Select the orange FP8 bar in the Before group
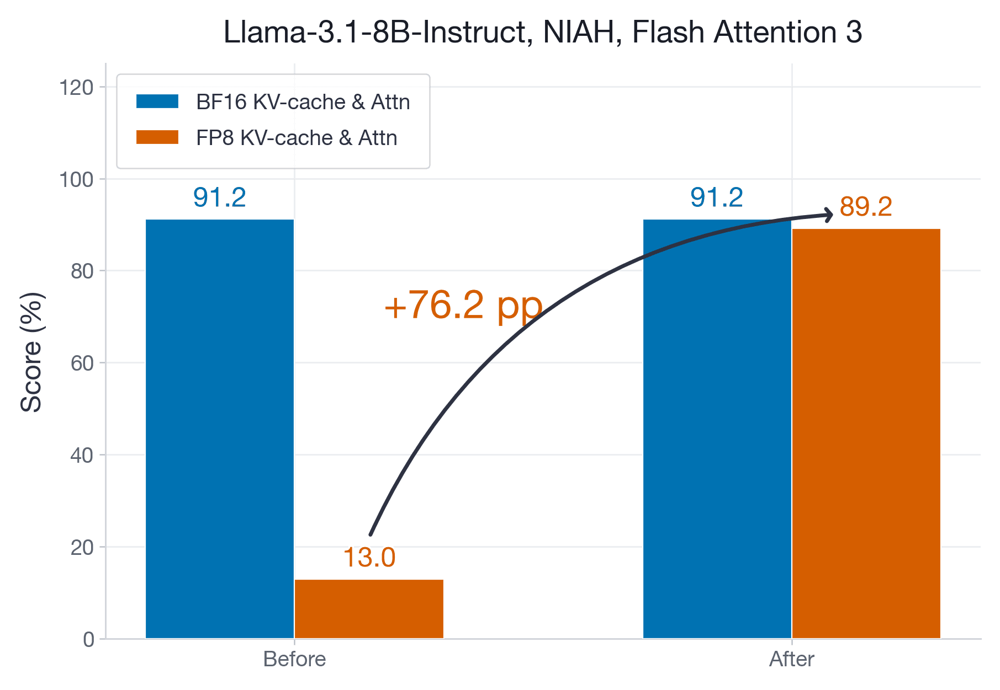[x=369, y=609]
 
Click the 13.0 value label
[x=369, y=558]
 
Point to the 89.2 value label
[x=866, y=207]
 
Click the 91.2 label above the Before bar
[x=220, y=197]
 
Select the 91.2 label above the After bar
[x=717, y=197]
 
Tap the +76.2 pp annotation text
[x=463, y=305]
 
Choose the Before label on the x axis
[x=294, y=659]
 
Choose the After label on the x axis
[x=791, y=659]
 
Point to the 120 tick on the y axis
[x=76, y=87]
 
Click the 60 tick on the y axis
[x=82, y=363]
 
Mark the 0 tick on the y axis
[x=88, y=639]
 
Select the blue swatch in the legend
[x=157, y=101]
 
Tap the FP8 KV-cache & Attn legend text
[x=297, y=137]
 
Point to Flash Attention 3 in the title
[x=747, y=32]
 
